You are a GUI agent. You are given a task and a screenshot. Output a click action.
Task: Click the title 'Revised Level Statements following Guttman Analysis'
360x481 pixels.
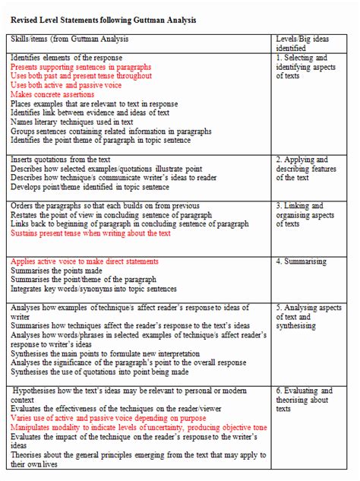[103, 20]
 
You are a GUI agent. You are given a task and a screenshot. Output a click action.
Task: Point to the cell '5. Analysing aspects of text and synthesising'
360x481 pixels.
[304, 317]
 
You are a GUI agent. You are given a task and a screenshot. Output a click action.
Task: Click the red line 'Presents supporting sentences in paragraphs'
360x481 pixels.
[81, 67]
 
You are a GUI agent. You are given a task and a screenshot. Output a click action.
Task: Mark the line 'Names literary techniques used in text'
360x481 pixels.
[72, 122]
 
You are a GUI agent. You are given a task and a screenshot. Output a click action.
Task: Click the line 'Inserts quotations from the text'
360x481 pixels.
[61, 160]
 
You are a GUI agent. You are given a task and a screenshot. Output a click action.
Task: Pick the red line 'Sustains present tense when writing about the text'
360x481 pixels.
[90, 233]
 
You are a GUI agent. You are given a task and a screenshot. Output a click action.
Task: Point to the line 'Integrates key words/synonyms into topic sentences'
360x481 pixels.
[93, 289]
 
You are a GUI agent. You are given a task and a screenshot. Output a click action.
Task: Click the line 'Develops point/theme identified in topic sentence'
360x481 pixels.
[90, 187]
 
